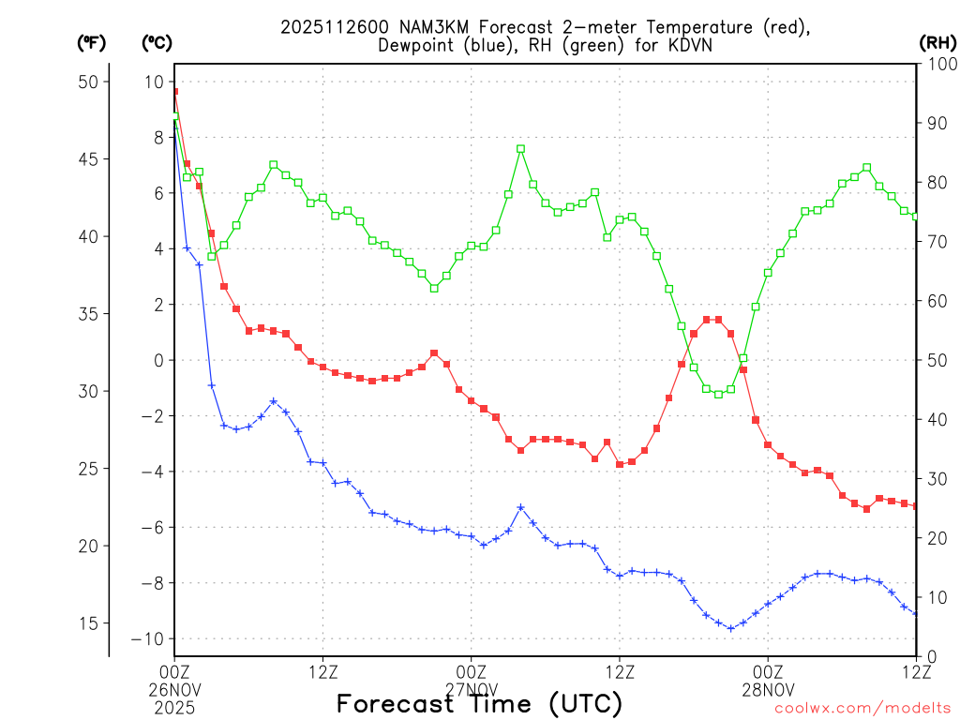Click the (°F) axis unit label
92,42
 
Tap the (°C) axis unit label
157,42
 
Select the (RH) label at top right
937,42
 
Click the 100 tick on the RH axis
939,64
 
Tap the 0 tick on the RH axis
928,656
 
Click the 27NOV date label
471,688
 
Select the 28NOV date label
768,688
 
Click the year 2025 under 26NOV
174,705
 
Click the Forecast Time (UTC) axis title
479,703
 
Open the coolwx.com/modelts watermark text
862,708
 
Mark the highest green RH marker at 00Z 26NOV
174,116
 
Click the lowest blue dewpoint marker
731,628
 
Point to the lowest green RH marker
718,394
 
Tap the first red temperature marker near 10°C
174,92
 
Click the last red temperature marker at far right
916,506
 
